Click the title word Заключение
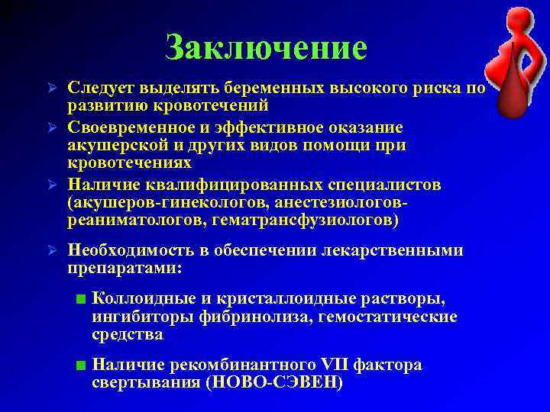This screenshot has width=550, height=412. (266, 47)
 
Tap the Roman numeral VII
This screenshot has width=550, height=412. (330, 365)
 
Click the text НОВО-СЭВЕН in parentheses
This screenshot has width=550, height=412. (272, 383)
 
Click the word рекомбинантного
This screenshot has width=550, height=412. (238, 365)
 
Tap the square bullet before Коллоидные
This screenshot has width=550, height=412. (81, 298)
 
